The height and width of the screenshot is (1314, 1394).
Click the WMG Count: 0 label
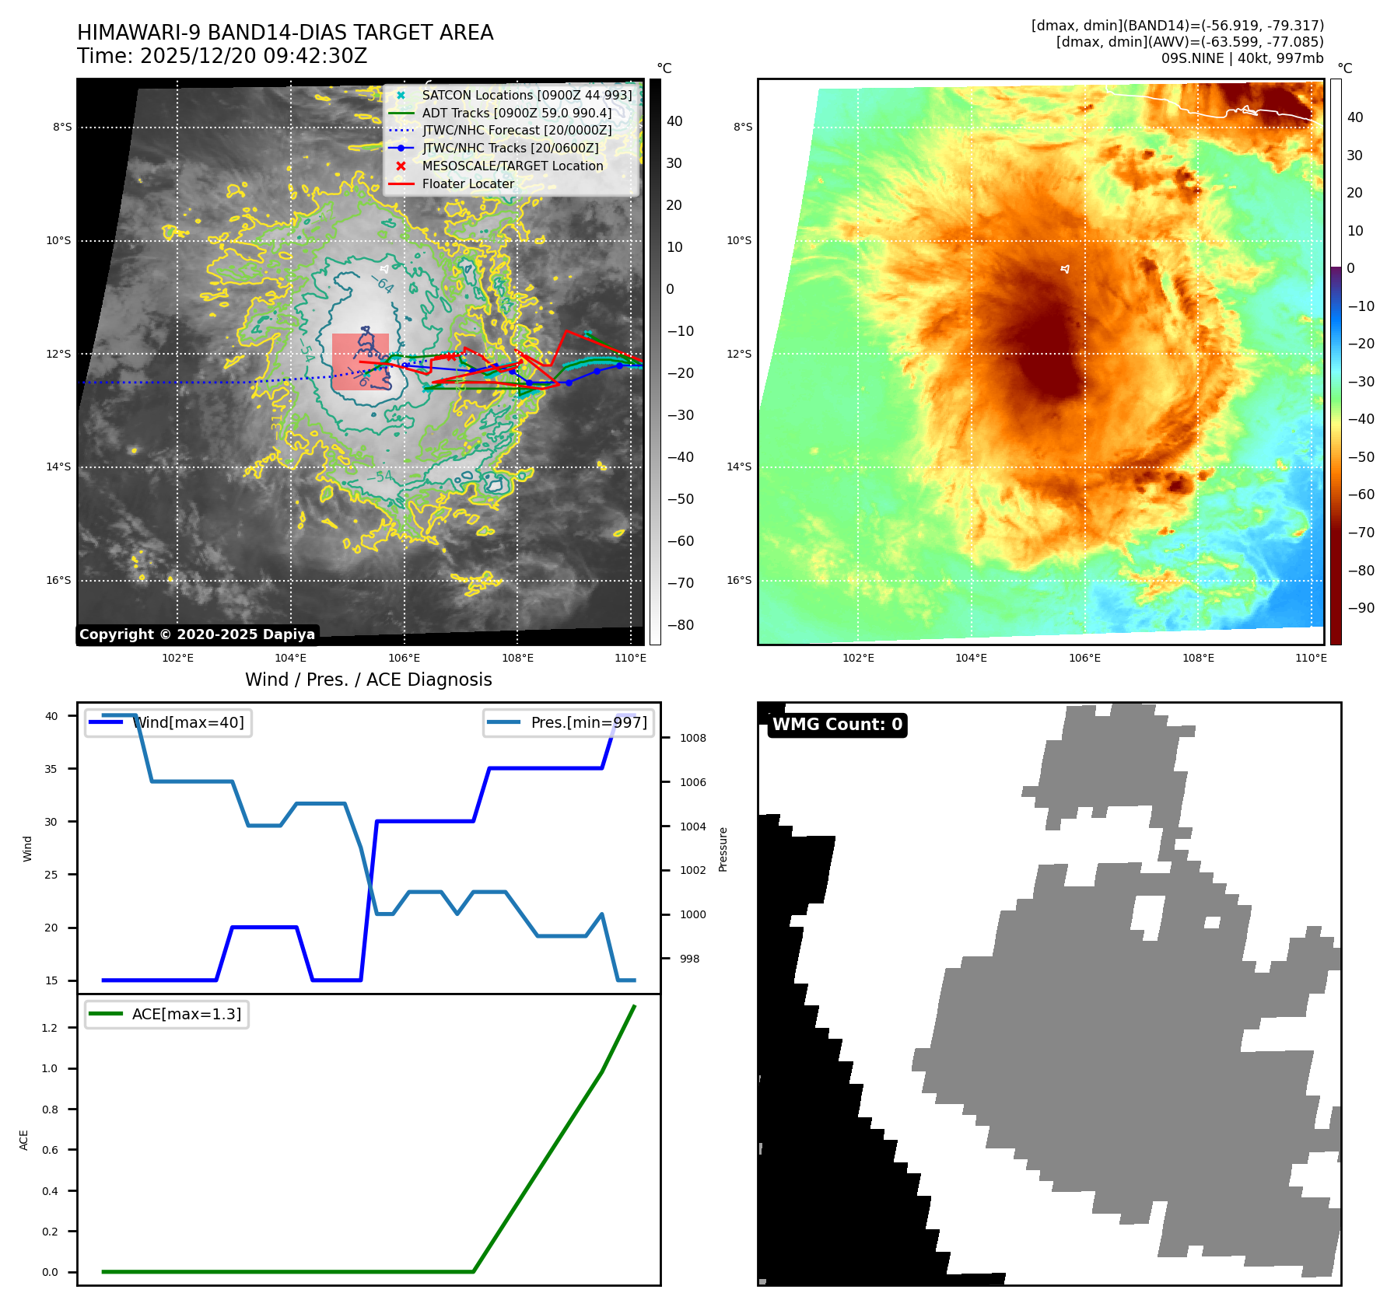click(837, 725)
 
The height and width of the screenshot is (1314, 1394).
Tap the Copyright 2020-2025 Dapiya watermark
click(197, 634)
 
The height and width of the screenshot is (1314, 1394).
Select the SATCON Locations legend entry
click(527, 95)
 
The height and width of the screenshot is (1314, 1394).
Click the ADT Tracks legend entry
click(517, 113)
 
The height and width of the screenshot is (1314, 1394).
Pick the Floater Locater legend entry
click(468, 183)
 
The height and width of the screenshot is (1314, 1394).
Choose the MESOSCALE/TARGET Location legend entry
click(512, 166)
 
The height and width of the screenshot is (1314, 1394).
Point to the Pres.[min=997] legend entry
click(588, 722)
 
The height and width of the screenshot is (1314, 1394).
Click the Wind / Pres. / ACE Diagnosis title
click(368, 680)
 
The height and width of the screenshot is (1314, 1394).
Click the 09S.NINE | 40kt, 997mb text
click(1242, 58)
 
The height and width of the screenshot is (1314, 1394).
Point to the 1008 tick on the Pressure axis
click(692, 738)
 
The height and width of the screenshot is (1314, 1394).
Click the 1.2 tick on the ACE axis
click(50, 1028)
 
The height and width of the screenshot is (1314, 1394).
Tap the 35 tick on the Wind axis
click(51, 769)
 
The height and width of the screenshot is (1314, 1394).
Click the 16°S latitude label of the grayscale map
click(58, 580)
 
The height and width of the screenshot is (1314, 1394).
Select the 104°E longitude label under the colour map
click(971, 658)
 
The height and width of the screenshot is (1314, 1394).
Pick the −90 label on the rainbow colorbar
click(1361, 608)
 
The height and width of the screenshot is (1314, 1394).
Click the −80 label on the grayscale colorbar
click(680, 625)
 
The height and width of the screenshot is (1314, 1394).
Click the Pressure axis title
click(723, 849)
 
